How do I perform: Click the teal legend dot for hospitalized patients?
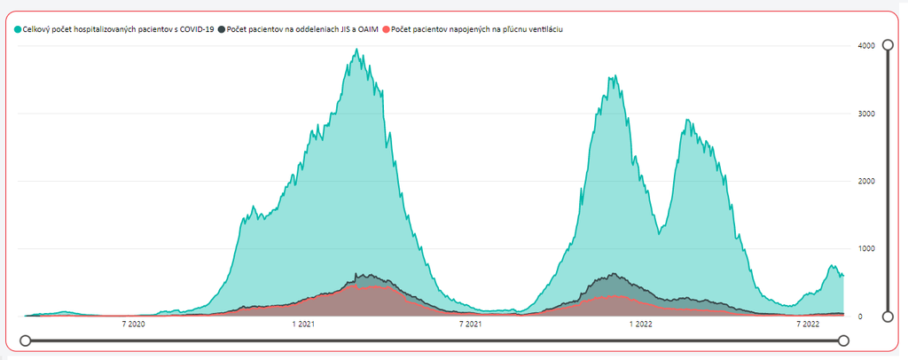pyautogui.click(x=18, y=29)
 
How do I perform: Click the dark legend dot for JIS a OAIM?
pyautogui.click(x=222, y=29)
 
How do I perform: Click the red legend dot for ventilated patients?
pyautogui.click(x=386, y=29)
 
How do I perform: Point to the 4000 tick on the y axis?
pyautogui.click(x=866, y=46)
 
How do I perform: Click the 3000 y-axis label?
pyautogui.click(x=866, y=113)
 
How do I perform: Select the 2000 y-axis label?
pyautogui.click(x=866, y=181)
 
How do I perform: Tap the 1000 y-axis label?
pyautogui.click(x=866, y=248)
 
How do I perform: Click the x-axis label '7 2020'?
pyautogui.click(x=133, y=325)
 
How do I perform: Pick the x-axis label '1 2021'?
pyautogui.click(x=302, y=325)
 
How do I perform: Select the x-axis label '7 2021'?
pyautogui.click(x=471, y=325)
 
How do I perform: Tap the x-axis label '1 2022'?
pyautogui.click(x=640, y=325)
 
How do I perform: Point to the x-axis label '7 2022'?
pyautogui.click(x=808, y=325)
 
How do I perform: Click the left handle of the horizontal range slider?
pyautogui.click(x=26, y=340)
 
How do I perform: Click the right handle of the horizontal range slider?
pyautogui.click(x=843, y=340)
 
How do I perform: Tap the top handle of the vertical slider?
pyautogui.click(x=888, y=45)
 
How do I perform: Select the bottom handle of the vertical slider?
pyautogui.click(x=888, y=316)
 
